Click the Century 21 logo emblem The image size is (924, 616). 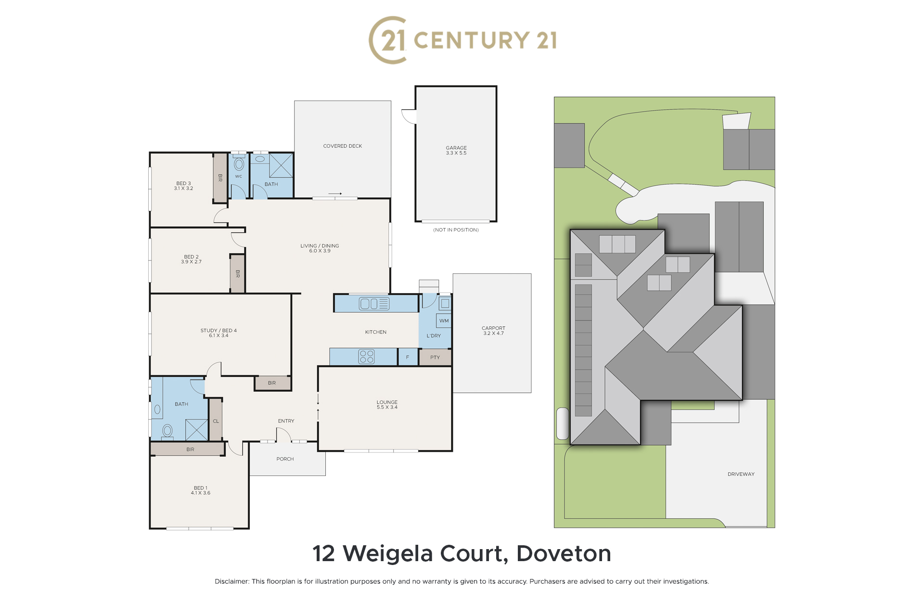388,40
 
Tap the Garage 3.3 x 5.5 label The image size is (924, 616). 456,151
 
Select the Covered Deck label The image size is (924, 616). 343,146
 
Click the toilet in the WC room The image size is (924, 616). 239,164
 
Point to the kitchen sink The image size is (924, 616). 374,304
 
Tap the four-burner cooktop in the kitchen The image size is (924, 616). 366,357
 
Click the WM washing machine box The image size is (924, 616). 444,321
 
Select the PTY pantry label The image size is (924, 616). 435,358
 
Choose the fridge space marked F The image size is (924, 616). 408,357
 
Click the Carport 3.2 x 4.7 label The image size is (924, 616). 493,331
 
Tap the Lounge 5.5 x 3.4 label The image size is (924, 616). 387,405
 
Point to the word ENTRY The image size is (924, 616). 286,421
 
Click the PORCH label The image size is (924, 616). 285,459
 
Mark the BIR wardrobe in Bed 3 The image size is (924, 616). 220,178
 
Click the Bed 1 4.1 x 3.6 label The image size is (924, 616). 200,490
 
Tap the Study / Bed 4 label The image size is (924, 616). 218,333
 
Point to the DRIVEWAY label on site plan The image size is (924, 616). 741,474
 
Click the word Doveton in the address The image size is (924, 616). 564,554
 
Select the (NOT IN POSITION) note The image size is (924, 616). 456,230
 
